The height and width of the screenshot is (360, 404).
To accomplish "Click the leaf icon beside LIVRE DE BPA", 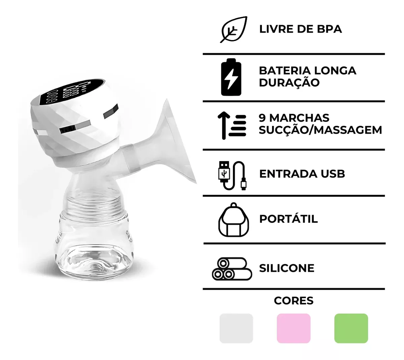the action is click(x=234, y=30).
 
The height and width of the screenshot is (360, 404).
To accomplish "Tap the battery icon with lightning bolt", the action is click(x=231, y=77).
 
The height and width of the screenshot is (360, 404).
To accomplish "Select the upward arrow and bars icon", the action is click(x=232, y=125).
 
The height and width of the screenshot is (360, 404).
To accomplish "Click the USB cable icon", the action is click(x=233, y=175).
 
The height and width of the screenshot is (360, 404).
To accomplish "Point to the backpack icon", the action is click(x=234, y=220).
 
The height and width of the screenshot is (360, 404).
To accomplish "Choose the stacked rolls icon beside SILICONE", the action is click(x=232, y=269).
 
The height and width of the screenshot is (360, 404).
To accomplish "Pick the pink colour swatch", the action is click(x=294, y=328).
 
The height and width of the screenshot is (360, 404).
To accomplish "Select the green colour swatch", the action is click(x=351, y=328).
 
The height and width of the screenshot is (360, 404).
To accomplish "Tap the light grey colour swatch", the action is click(x=236, y=328).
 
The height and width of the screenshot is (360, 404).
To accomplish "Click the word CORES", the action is click(x=294, y=300).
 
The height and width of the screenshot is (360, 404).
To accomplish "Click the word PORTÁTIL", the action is click(x=288, y=219).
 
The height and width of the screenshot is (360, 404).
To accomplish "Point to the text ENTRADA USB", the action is click(x=302, y=174).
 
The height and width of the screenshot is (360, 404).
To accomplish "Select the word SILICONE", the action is click(x=287, y=268).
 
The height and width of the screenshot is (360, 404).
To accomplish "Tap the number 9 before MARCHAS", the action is click(x=262, y=118).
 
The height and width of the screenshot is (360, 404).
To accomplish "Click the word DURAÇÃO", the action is click(x=289, y=82).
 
